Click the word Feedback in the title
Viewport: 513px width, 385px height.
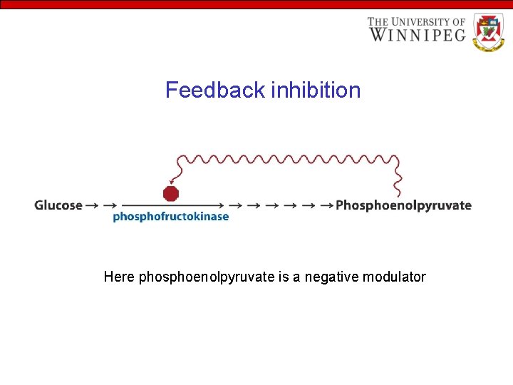pos(215,91)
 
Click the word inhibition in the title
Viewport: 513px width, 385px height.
pos(316,91)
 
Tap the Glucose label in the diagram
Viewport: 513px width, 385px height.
pos(58,205)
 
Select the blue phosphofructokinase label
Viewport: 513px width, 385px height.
pos(171,217)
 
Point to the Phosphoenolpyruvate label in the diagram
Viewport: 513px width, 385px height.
pos(403,205)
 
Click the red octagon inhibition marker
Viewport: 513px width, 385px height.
pos(171,193)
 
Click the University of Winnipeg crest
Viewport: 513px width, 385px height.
pos(488,32)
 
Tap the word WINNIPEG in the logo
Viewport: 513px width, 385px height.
pos(418,34)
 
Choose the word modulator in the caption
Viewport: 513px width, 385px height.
pos(395,277)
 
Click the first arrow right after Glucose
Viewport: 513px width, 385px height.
pos(93,205)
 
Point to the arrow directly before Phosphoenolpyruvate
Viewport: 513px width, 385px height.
pos(327,205)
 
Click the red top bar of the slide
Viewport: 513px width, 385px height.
pos(256,4)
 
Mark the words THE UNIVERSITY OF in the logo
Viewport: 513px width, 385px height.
pos(417,22)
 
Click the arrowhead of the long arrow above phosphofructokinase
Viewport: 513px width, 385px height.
pos(221,205)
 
